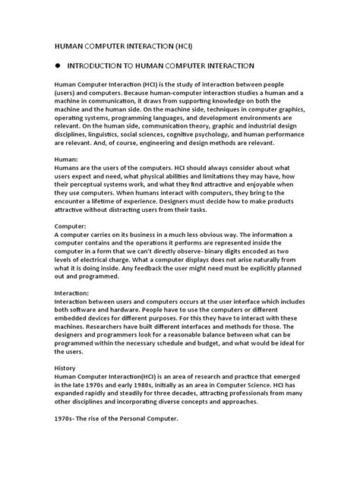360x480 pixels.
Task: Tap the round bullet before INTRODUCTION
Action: pyautogui.click(x=57, y=67)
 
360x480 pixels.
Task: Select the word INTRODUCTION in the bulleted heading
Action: pyautogui.click(x=101, y=67)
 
